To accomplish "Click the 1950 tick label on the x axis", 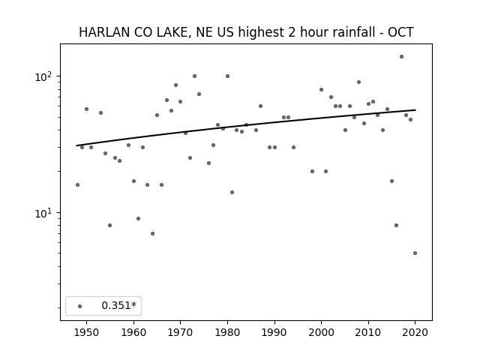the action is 87,332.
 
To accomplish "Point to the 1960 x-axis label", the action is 133,332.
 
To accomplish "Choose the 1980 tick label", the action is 227,332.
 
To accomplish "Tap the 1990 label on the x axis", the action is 274,332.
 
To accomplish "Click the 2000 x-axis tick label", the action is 322,332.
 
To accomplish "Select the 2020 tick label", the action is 415,332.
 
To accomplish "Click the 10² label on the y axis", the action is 45,76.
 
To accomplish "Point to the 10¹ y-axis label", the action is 45,213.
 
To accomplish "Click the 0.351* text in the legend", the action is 118,305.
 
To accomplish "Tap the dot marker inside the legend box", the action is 80,306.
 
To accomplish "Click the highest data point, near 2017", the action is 401,57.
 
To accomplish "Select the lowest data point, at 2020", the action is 415,253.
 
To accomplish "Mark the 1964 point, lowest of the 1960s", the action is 152,233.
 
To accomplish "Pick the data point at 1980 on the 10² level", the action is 227,76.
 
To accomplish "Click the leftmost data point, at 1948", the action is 77,185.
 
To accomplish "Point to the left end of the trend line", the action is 76,145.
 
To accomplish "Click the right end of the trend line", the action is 415,110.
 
